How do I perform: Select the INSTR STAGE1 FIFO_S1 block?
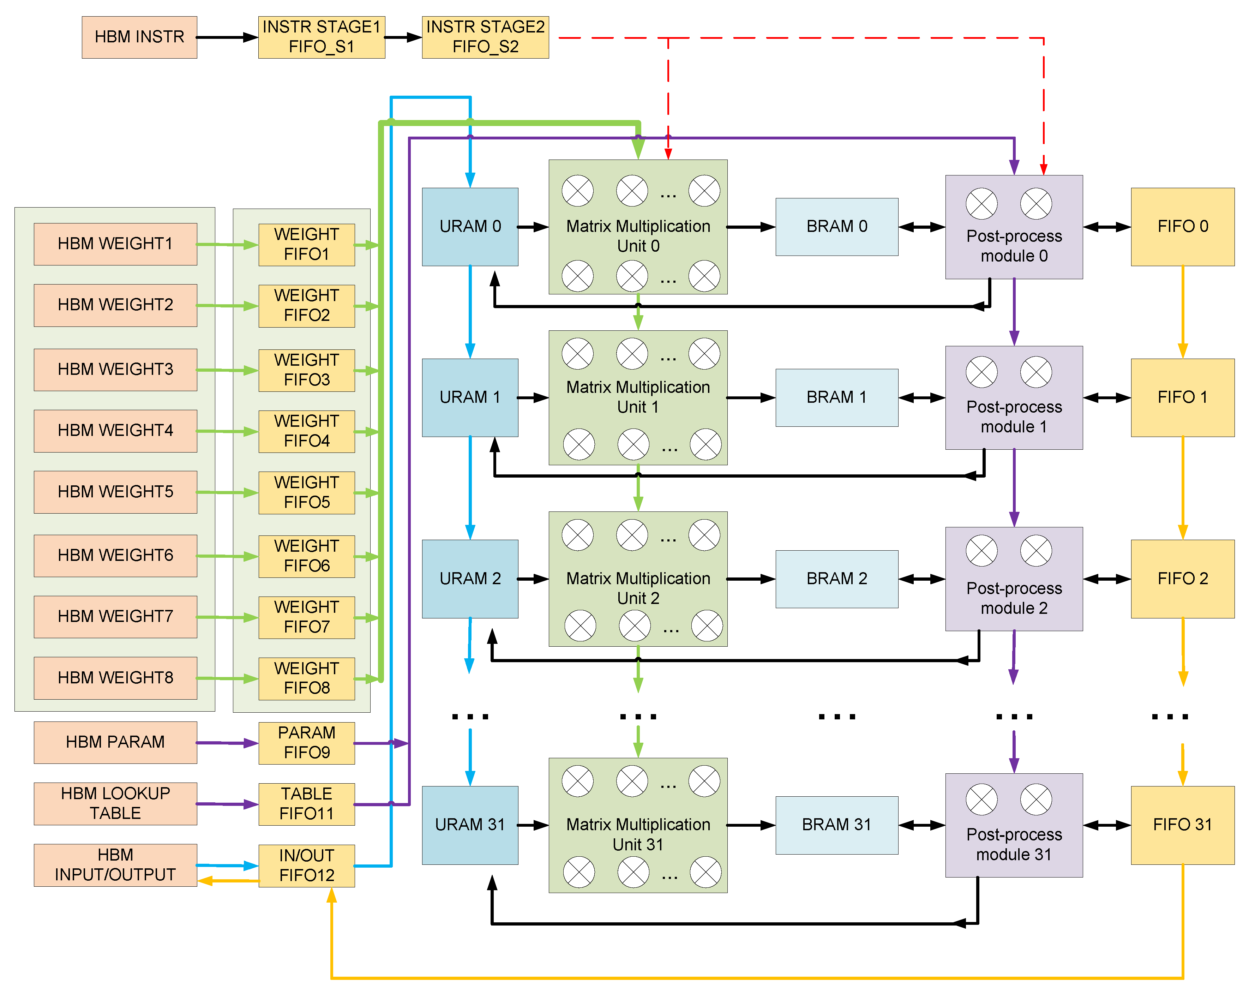tap(322, 37)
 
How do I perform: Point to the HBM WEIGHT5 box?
tap(115, 492)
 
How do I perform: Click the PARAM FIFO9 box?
tap(306, 743)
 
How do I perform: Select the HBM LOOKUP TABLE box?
tap(115, 803)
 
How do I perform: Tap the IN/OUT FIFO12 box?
tap(306, 866)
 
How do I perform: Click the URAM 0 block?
tap(470, 227)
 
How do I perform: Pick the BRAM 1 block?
tap(836, 397)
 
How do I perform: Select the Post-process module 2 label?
tap(1014, 598)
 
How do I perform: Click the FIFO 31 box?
tap(1182, 825)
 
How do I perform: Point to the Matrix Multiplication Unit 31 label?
tap(638, 834)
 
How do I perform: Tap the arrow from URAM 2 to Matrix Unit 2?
tap(533, 579)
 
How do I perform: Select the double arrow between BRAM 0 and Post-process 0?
tap(922, 227)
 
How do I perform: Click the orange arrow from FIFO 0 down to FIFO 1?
tap(1182, 313)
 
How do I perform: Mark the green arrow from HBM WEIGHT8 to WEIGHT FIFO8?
tap(227, 678)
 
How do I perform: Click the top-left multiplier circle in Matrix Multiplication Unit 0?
tap(578, 191)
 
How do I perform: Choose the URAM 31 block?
tap(470, 825)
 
